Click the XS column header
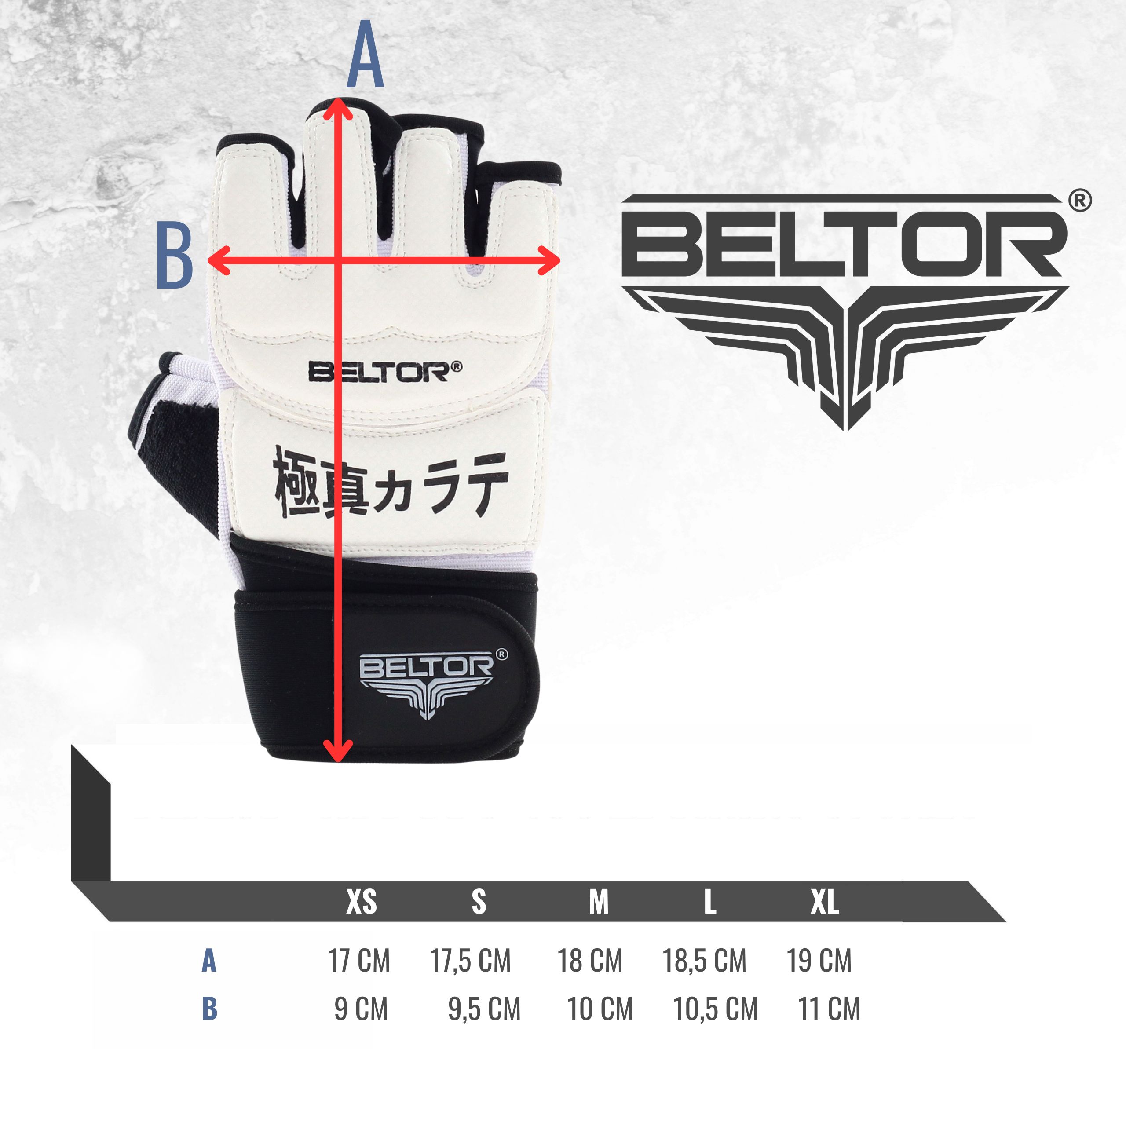(x=362, y=902)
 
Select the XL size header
(x=825, y=902)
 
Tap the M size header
(x=599, y=902)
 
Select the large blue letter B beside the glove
(x=174, y=256)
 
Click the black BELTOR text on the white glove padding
(x=385, y=372)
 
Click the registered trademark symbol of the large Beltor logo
(x=1080, y=201)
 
